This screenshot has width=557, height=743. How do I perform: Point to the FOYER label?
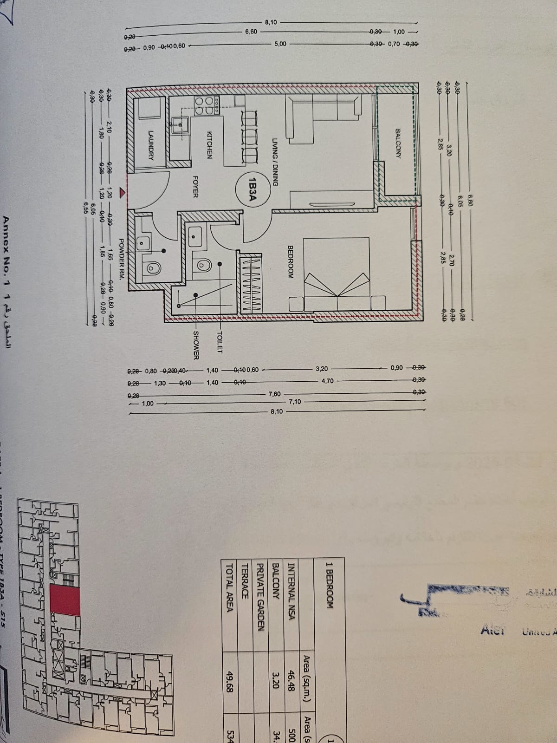click(x=196, y=187)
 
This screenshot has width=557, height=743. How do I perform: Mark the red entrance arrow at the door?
click(x=122, y=191)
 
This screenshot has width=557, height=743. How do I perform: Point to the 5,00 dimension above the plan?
click(x=280, y=44)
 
